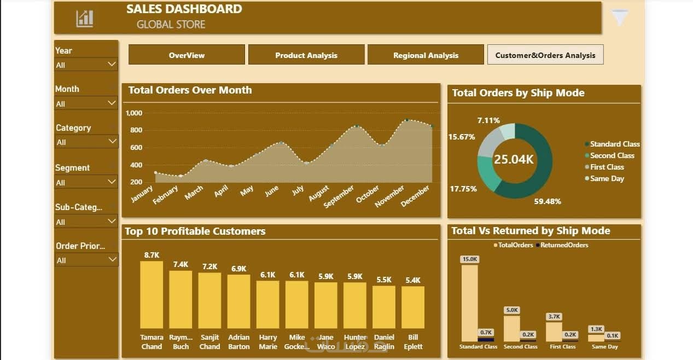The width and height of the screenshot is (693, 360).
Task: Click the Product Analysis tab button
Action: pyautogui.click(x=306, y=55)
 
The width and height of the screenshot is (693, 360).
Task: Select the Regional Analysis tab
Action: pyautogui.click(x=426, y=55)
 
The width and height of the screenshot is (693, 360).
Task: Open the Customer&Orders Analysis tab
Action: pyautogui.click(x=545, y=55)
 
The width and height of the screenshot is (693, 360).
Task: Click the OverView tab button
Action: pyautogui.click(x=187, y=55)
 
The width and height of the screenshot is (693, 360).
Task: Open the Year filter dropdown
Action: pyautogui.click(x=86, y=65)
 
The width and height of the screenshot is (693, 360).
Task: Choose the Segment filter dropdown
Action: pyautogui.click(x=86, y=182)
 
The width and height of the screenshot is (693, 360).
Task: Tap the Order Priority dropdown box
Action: pyautogui.click(x=86, y=260)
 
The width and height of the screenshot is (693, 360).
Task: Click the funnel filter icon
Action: pyautogui.click(x=620, y=18)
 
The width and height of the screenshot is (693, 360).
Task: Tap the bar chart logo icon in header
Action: pyautogui.click(x=85, y=18)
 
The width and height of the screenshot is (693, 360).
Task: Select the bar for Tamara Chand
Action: pyautogui.click(x=152, y=294)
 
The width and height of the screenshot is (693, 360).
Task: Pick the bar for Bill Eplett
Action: pyautogui.click(x=413, y=307)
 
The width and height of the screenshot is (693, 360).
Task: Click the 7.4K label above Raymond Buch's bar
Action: pyautogui.click(x=180, y=264)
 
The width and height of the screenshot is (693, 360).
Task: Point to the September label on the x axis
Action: pyautogui.click(x=339, y=196)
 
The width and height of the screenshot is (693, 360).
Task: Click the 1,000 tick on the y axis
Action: pyautogui.click(x=134, y=113)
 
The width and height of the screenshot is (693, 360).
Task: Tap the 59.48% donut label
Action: pyautogui.click(x=548, y=201)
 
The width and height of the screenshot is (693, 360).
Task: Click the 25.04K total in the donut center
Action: pyautogui.click(x=514, y=159)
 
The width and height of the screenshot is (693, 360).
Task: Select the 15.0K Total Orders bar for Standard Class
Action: pyautogui.click(x=469, y=303)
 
